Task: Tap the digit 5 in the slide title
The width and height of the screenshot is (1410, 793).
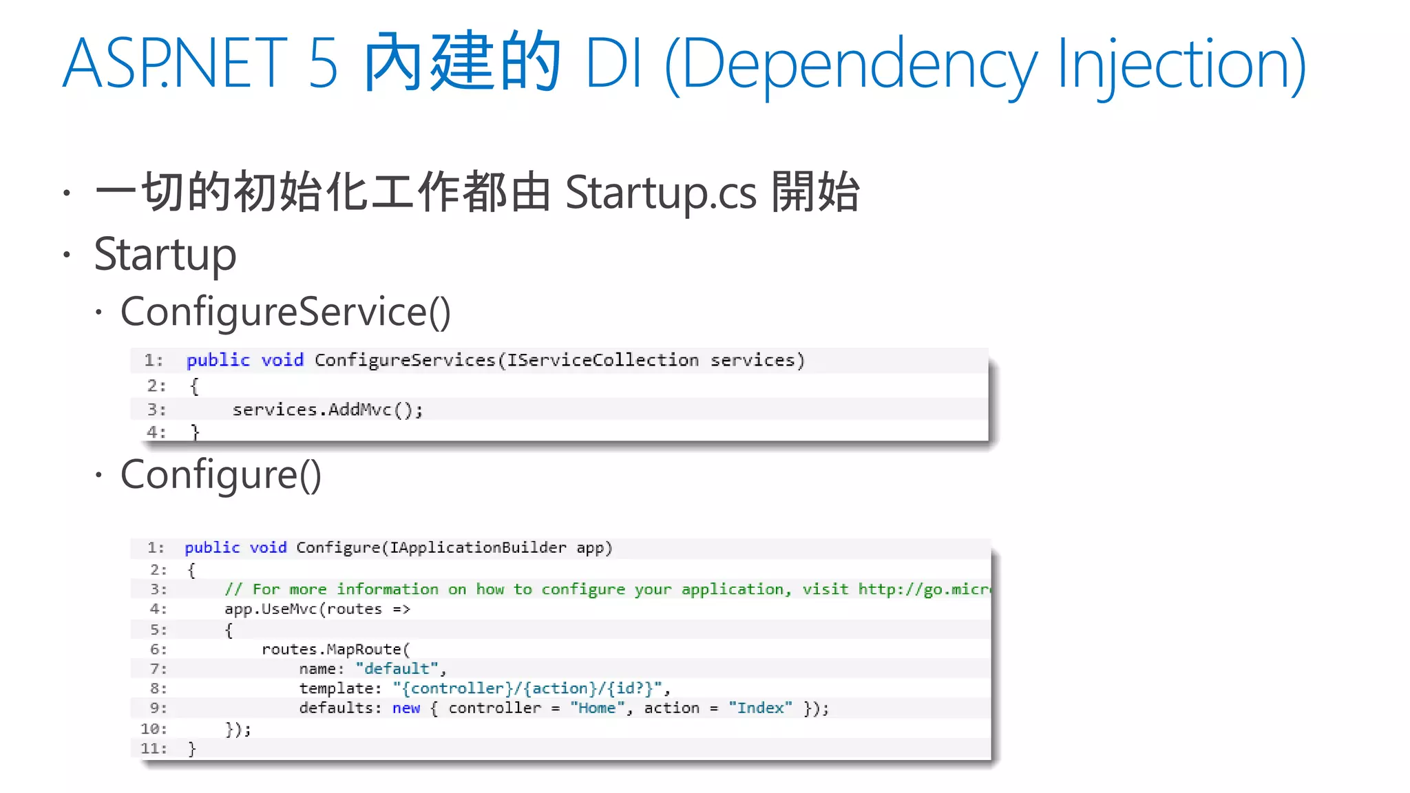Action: coord(323,63)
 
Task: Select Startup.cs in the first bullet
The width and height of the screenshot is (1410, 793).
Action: coord(660,192)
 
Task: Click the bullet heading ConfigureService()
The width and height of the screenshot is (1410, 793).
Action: coord(285,312)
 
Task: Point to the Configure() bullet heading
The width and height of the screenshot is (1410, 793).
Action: coord(220,474)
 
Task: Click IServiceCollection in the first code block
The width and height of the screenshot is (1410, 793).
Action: coord(602,360)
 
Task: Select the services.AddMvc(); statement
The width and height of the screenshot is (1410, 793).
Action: coord(327,410)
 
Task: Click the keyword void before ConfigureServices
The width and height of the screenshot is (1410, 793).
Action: coord(282,360)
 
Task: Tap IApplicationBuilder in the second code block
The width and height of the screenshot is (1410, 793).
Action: coord(478,547)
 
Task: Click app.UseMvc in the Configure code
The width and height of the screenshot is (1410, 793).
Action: coord(273,609)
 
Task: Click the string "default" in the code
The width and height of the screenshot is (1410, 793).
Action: coord(397,668)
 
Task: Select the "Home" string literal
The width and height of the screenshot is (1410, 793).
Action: coord(597,708)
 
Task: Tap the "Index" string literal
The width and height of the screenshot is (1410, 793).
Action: coord(760,708)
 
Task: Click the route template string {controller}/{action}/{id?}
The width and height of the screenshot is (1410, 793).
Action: coord(528,688)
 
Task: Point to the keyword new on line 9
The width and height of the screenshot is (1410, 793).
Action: coord(406,708)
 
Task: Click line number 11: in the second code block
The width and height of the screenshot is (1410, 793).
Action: coord(154,748)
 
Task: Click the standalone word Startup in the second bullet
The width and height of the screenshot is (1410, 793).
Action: coord(165,254)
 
